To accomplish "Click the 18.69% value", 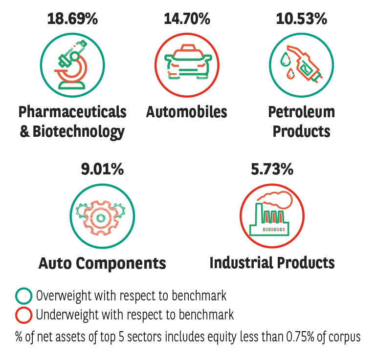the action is pos(72,19).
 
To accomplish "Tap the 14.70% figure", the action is pos(187,19).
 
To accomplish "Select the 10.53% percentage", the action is pos(302,19).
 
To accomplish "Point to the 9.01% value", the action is pos(102,169).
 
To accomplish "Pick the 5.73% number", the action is pos(272,169).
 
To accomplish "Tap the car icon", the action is pos(188,62).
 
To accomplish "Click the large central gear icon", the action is pos(101,218).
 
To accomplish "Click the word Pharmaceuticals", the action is pos(72,112).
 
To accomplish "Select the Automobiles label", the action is pos(187,112).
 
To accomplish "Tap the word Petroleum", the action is pos(302,112).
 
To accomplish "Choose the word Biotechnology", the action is pos(78,132).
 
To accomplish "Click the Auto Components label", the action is pos(102,263).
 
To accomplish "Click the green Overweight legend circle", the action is pos(23,296).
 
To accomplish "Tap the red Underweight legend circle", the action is pos(23,315).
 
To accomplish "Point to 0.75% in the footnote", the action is pos(300,337).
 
